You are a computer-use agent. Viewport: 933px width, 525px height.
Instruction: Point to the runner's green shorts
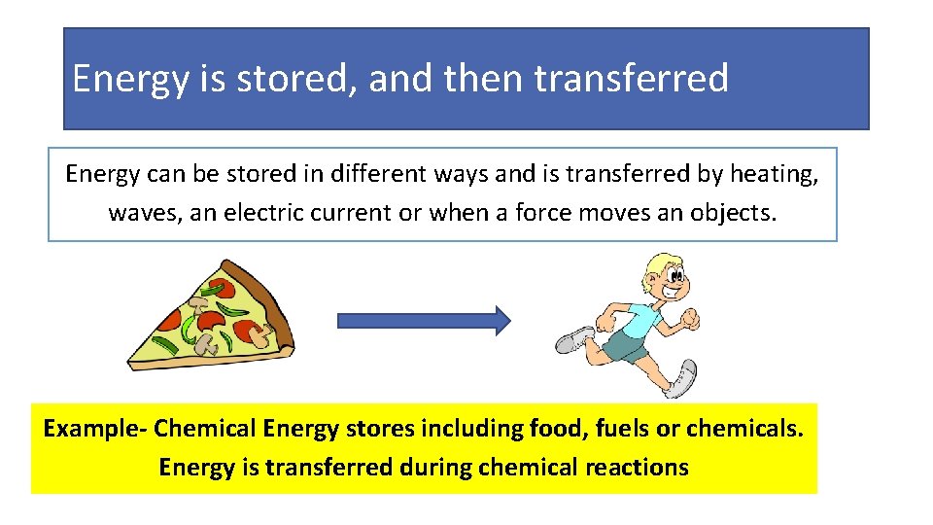point(627,344)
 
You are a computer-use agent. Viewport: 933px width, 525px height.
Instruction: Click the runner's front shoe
point(681,380)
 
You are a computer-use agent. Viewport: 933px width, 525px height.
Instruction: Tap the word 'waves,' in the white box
point(146,212)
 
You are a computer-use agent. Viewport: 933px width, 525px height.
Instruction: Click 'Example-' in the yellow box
point(95,428)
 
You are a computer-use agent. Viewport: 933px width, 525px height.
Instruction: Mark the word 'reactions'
point(637,467)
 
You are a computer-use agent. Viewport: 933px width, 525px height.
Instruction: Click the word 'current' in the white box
point(357,212)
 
